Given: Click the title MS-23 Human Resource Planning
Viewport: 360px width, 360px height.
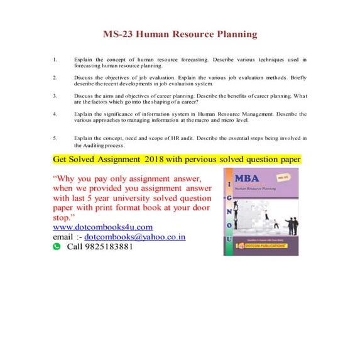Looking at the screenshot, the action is point(180,34).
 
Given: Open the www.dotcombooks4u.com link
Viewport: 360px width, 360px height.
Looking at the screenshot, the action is point(103,227).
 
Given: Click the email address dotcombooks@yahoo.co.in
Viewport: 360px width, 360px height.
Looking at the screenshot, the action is point(135,237).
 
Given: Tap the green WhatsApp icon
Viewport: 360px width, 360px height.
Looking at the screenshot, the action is point(57,247).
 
